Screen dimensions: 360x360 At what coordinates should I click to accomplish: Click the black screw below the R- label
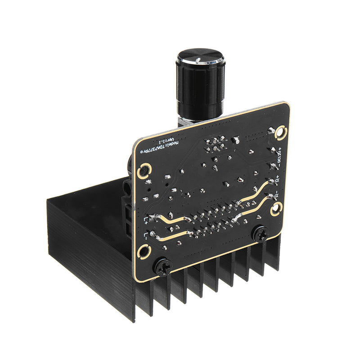coord(260,234)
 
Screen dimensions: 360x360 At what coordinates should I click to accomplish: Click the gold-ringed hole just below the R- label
coord(276,209)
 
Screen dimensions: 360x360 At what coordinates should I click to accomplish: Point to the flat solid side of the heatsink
coord(90,256)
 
